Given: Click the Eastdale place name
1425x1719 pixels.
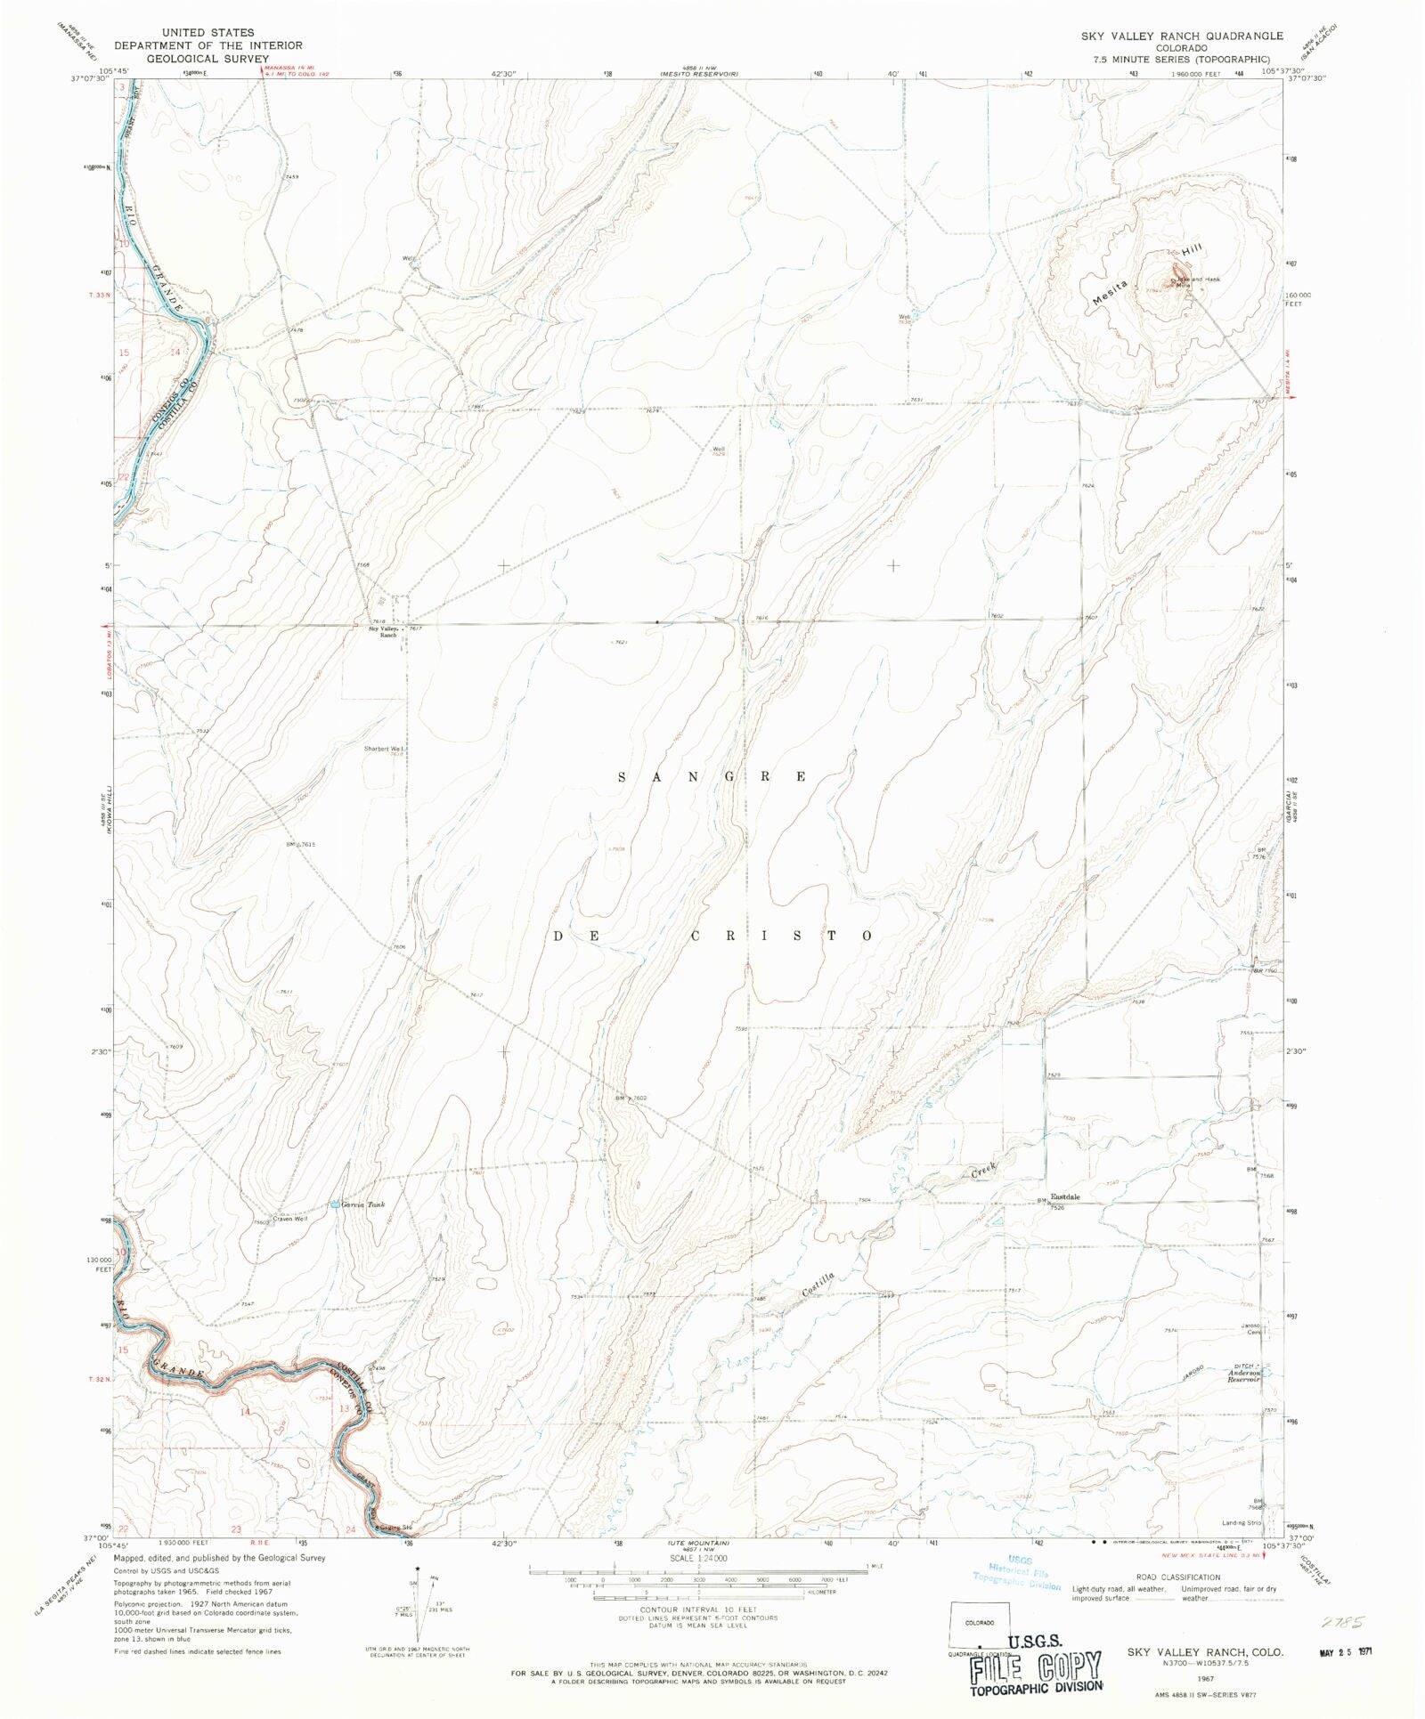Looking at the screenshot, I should pyautogui.click(x=1064, y=1196).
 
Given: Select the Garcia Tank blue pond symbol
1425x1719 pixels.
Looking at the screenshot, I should pyautogui.click(x=334, y=1204).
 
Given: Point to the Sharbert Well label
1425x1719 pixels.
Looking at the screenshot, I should pyautogui.click(x=384, y=749).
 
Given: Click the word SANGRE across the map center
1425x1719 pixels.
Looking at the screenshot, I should pyautogui.click(x=712, y=776).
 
